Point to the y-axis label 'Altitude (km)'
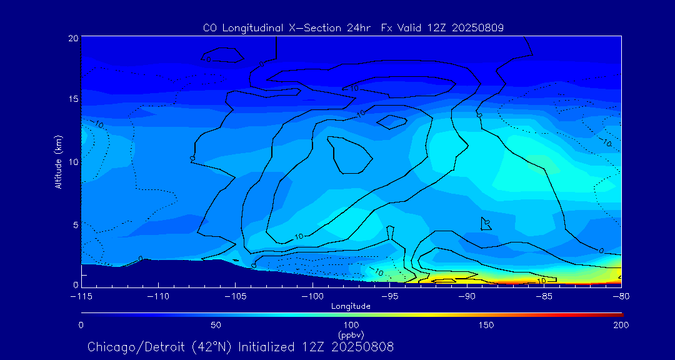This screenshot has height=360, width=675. pyautogui.click(x=59, y=162)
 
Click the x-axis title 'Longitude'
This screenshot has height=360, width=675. pyautogui.click(x=351, y=306)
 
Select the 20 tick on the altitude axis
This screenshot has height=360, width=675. pyautogui.click(x=73, y=38)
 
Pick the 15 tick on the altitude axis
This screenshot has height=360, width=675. pyautogui.click(x=73, y=99)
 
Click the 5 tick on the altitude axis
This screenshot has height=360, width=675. pyautogui.click(x=76, y=224)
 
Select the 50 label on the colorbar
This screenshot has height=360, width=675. pyautogui.click(x=216, y=325)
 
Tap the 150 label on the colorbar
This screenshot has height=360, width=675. pyautogui.click(x=486, y=325)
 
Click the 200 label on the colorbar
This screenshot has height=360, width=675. pyautogui.click(x=621, y=325)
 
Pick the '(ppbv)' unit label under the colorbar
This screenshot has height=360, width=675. pyautogui.click(x=351, y=334)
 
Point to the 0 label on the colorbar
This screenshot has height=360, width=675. pyautogui.click(x=81, y=325)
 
